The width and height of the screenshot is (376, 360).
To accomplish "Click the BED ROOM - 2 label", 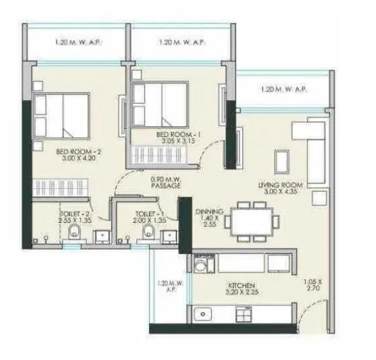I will click(79, 152).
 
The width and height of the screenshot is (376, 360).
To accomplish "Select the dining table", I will click(253, 222).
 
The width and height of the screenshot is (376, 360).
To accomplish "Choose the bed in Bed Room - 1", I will click(159, 102).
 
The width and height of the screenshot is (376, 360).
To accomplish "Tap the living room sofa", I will click(308, 149).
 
